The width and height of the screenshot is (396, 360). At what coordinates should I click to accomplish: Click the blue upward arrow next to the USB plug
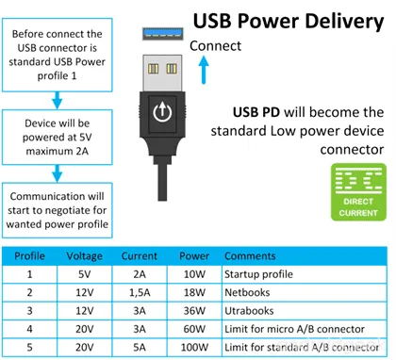[204, 72]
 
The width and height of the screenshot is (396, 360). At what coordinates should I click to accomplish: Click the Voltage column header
[86, 256]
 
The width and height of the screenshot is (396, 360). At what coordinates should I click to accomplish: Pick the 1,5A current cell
[139, 293]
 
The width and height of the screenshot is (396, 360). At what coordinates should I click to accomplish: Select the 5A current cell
[139, 347]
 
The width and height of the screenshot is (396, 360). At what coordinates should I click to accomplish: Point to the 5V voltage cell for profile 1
[86, 275]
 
